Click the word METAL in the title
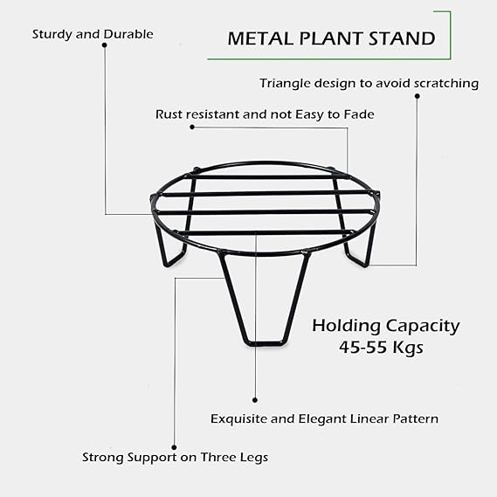click(261, 38)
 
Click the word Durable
click(128, 34)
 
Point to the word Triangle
click(285, 84)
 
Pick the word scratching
click(446, 84)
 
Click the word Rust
click(169, 114)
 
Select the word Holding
click(346, 327)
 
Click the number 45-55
click(363, 347)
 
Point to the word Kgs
click(408, 348)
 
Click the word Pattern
click(416, 418)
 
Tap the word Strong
click(103, 458)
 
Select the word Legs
click(254, 458)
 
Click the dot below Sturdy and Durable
click(104, 45)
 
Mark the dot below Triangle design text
click(418, 96)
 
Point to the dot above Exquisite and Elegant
click(255, 400)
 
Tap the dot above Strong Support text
click(174, 447)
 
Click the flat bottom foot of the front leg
click(265, 343)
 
